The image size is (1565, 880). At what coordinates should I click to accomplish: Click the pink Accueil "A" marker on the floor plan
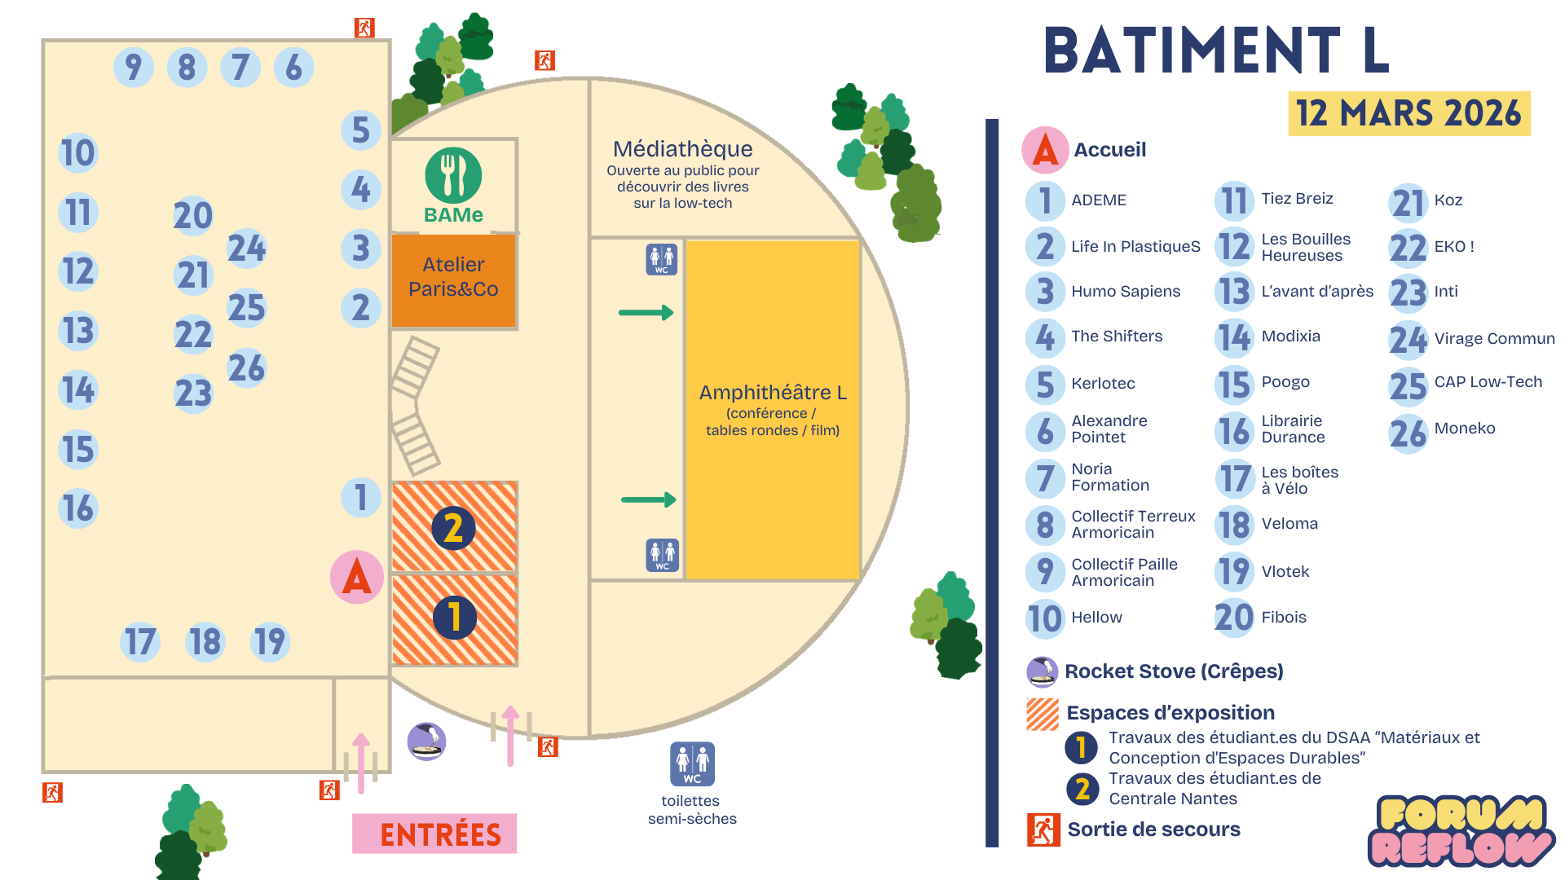click(357, 577)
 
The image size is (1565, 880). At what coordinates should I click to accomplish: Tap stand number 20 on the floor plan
click(193, 216)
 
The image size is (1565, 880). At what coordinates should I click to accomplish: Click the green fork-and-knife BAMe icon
click(453, 175)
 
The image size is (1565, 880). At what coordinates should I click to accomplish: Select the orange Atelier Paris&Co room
click(453, 278)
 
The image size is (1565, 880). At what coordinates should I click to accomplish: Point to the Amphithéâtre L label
click(773, 393)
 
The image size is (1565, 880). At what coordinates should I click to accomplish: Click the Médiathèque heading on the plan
click(683, 149)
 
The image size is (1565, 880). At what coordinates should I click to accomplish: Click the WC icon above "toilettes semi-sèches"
click(692, 763)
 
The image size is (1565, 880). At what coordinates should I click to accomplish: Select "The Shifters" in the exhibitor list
click(1117, 337)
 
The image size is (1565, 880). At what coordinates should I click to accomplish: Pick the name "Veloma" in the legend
click(1289, 524)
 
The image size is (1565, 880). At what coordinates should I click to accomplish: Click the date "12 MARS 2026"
click(1408, 113)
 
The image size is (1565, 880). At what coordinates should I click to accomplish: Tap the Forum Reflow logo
click(1461, 830)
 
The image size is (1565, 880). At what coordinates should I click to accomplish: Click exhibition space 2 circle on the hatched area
click(454, 528)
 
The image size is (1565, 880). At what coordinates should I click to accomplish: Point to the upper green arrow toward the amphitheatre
click(646, 312)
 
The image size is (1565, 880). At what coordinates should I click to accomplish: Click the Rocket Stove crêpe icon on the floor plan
click(426, 741)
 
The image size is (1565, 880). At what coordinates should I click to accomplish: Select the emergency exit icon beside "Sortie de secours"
click(1043, 829)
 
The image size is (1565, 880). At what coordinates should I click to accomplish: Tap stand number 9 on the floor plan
click(134, 67)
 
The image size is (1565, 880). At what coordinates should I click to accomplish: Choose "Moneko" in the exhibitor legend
click(1465, 429)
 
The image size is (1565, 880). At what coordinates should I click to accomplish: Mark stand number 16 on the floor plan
click(78, 508)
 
